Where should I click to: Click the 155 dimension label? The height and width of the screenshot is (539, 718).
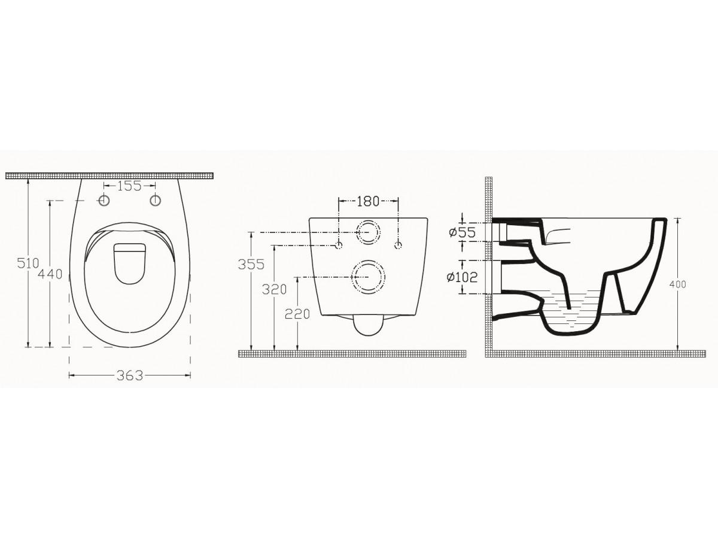[129, 186]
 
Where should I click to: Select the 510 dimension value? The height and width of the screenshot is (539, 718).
[29, 263]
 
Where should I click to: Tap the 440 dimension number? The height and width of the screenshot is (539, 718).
[50, 274]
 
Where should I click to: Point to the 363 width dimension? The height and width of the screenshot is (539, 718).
[130, 376]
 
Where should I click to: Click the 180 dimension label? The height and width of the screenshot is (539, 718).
[368, 201]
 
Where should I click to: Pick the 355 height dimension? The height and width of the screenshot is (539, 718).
[251, 264]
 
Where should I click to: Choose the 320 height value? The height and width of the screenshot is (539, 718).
[275, 289]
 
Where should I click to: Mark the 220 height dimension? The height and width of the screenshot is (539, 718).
[297, 313]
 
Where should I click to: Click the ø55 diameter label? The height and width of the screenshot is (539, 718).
[463, 232]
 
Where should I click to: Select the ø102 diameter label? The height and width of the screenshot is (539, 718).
[463, 277]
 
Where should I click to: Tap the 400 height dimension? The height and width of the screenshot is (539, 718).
[678, 284]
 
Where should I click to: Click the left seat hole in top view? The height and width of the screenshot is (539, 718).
[104, 200]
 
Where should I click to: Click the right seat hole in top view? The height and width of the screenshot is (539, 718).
[156, 200]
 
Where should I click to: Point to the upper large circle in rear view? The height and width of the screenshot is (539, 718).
[368, 232]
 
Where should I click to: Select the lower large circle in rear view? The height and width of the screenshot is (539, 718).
[368, 277]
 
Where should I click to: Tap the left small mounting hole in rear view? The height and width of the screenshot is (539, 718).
[339, 245]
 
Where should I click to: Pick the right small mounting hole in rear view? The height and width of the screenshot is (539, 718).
[398, 245]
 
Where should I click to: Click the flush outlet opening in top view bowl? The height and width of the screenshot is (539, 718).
[130, 263]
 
